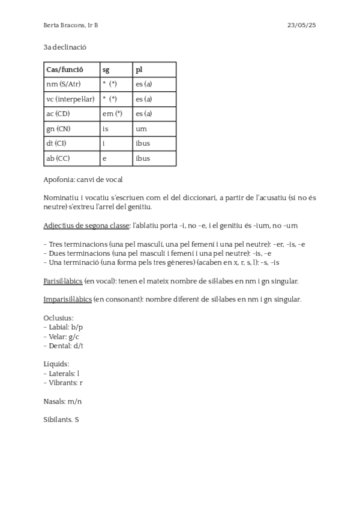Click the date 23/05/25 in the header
click(x=302, y=25)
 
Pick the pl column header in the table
click(x=139, y=70)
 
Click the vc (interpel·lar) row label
click(x=70, y=99)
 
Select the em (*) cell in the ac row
click(x=112, y=114)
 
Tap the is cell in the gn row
click(x=106, y=128)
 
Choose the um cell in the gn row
click(x=141, y=128)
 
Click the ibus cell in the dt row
click(x=143, y=143)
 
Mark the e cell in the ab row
click(x=104, y=158)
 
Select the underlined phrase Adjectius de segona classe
click(x=86, y=226)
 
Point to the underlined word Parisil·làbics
click(x=63, y=281)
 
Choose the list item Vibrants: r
click(x=64, y=382)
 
